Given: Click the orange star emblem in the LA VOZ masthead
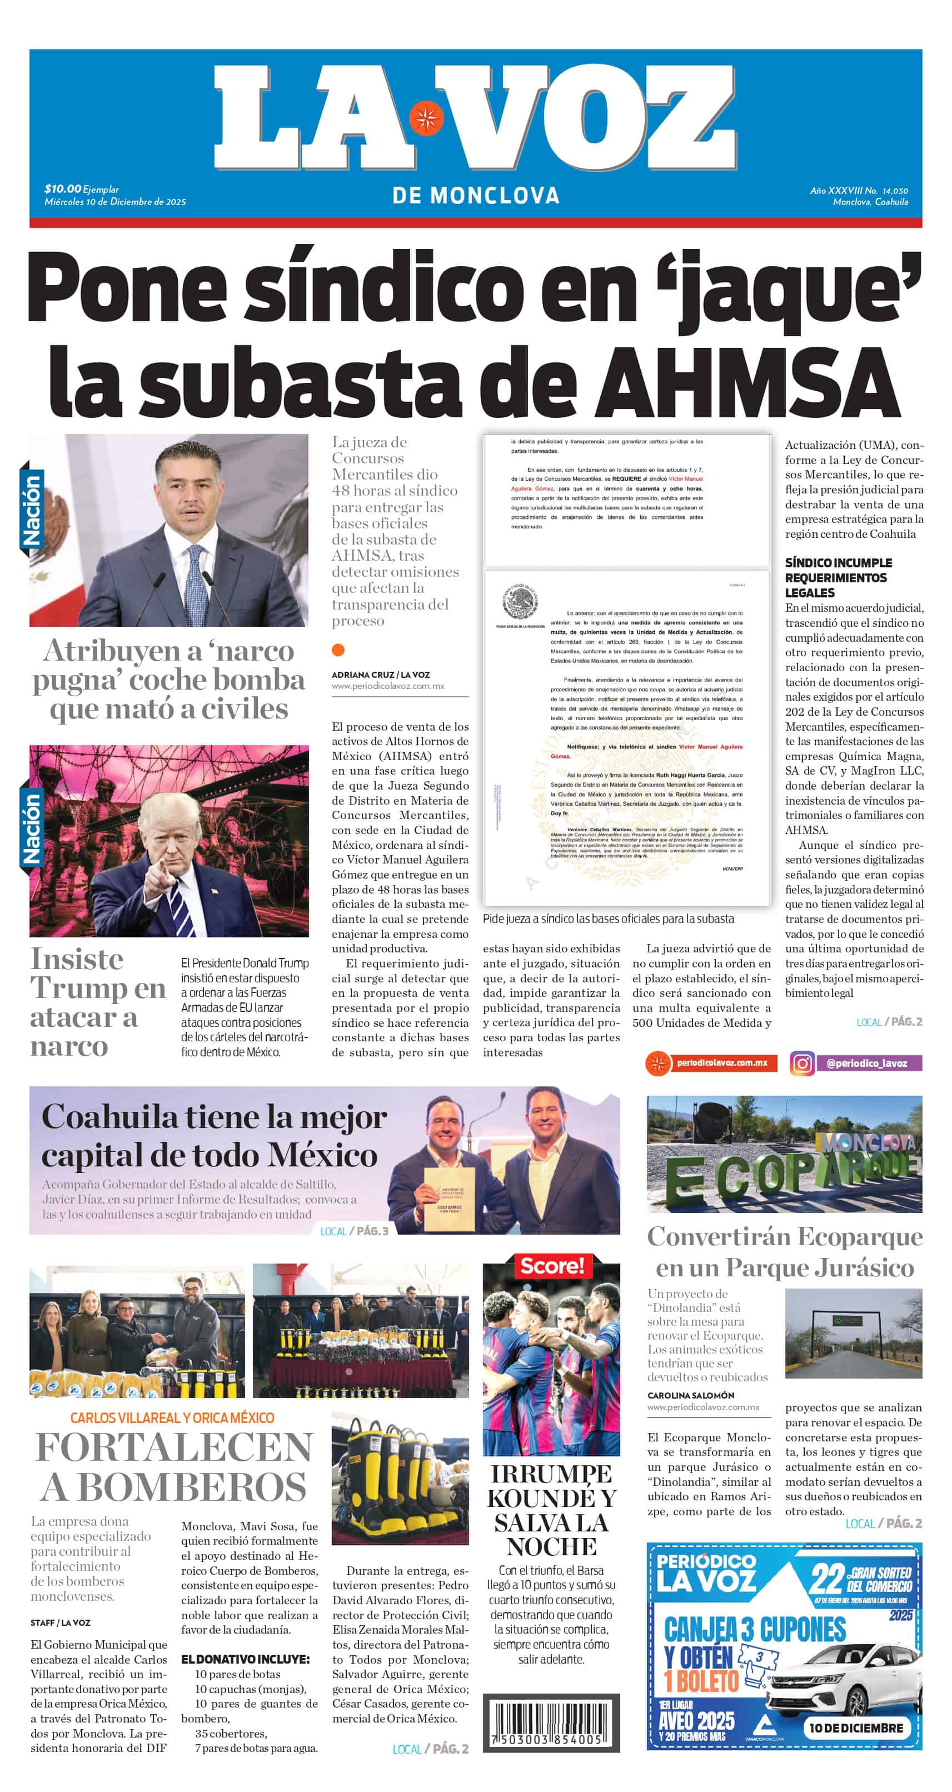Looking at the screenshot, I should [x=426, y=118].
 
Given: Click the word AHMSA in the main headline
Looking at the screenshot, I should [x=748, y=381].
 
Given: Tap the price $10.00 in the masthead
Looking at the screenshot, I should [x=63, y=188].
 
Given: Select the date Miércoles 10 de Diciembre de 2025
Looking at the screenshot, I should [x=115, y=202].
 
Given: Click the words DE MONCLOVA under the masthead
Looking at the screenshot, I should [x=476, y=196].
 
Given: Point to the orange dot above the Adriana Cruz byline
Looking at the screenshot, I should [x=338, y=650].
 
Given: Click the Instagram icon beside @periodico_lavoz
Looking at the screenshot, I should [x=802, y=1064].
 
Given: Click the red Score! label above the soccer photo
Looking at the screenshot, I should [x=552, y=1265].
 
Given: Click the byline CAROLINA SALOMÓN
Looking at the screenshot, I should [x=690, y=1395].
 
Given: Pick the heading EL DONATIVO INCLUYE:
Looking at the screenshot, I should [x=245, y=1659].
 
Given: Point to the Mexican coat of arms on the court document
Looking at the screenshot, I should [x=521, y=602].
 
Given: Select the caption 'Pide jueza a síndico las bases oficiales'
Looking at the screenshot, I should [x=608, y=919].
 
